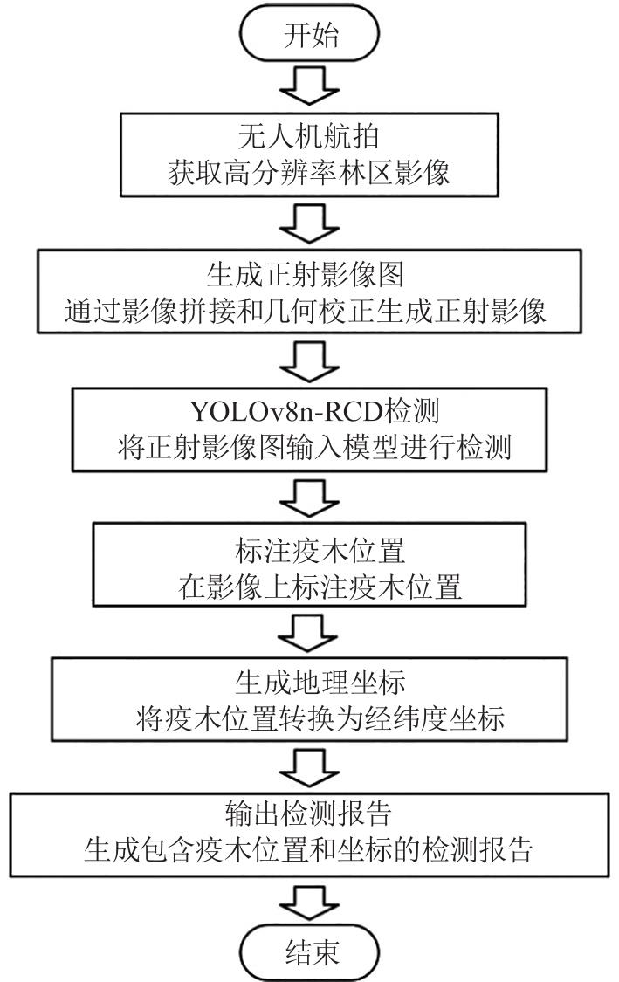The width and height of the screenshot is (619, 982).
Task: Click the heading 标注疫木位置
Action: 310,552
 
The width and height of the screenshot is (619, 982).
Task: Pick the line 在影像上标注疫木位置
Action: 310,586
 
